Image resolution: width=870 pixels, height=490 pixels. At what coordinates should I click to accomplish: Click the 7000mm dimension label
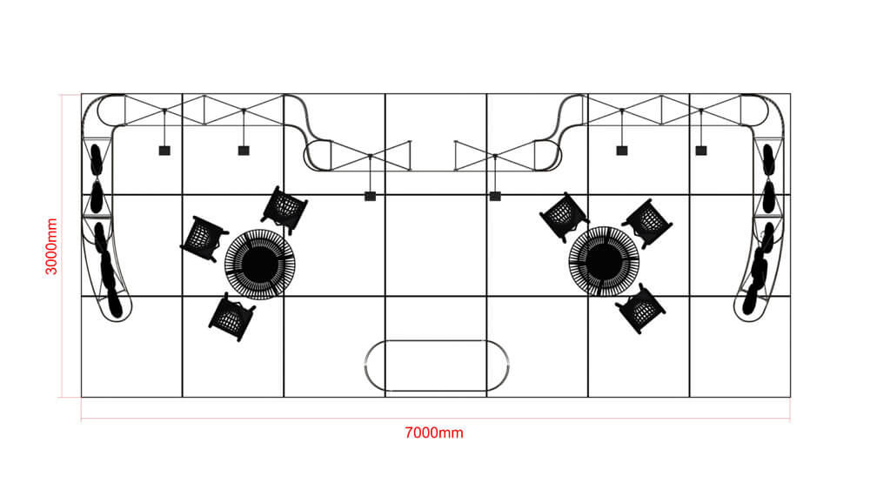[x=434, y=433]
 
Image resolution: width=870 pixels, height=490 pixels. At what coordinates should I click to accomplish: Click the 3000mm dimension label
[x=51, y=246]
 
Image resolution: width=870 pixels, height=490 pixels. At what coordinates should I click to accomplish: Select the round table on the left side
[x=259, y=265]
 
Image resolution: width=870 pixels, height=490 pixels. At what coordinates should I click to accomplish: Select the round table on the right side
[x=605, y=261]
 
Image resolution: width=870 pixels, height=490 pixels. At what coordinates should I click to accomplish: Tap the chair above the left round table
[x=284, y=210]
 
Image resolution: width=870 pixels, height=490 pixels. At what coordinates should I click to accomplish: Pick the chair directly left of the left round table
[x=204, y=239]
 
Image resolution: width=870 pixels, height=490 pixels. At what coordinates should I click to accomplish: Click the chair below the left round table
[x=232, y=317]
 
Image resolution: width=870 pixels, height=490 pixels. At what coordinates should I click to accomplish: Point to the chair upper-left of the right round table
[x=563, y=217]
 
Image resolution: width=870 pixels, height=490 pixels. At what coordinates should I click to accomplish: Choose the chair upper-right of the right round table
[x=647, y=223]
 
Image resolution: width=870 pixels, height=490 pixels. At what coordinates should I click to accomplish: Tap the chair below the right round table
[x=640, y=309]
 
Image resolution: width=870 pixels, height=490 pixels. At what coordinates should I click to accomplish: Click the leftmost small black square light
[x=164, y=151]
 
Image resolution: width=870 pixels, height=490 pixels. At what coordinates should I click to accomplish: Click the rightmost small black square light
[x=701, y=151]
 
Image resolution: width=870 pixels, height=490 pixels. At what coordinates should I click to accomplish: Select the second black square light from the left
[x=244, y=151]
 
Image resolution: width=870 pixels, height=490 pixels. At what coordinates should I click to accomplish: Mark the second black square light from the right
[x=622, y=151]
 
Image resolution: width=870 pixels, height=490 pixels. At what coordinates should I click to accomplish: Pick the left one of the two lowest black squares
[x=370, y=196]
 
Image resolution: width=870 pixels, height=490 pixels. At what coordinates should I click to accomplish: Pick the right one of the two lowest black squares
[x=496, y=196]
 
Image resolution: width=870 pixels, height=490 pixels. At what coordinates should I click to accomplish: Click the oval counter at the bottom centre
[x=437, y=366]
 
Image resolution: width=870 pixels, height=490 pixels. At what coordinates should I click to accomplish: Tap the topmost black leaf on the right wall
[x=768, y=159]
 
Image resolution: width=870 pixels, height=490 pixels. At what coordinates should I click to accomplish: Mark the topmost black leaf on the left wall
[x=96, y=160]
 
